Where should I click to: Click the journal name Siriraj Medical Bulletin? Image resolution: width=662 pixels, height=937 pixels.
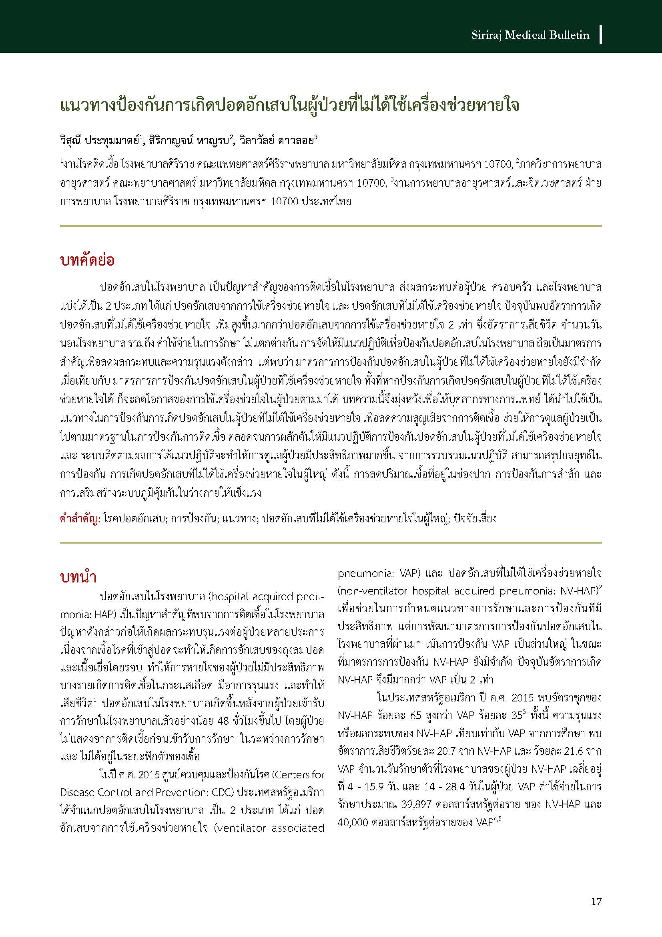tap(530, 35)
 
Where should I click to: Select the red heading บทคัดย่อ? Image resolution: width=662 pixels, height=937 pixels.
tap(87, 260)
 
